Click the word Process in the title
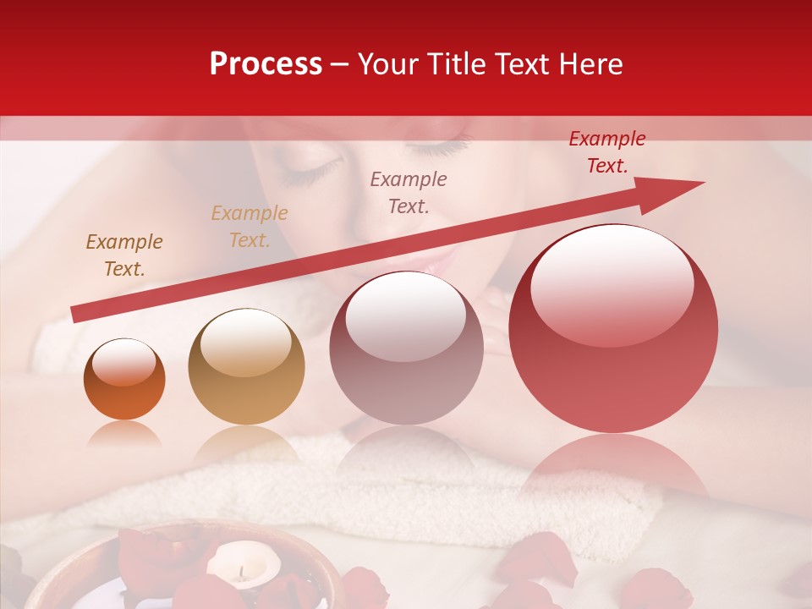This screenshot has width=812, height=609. [x=266, y=64]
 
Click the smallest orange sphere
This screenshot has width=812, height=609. [x=124, y=379]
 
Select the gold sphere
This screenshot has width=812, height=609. [x=246, y=366]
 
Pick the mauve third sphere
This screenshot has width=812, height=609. [x=406, y=348]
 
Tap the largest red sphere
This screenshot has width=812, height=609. [x=613, y=328]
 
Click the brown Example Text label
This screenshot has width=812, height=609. [x=124, y=255]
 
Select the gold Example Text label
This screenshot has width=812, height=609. [x=250, y=227]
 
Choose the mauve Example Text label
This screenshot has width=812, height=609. [x=409, y=192]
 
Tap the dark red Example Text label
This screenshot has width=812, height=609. [x=606, y=152]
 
